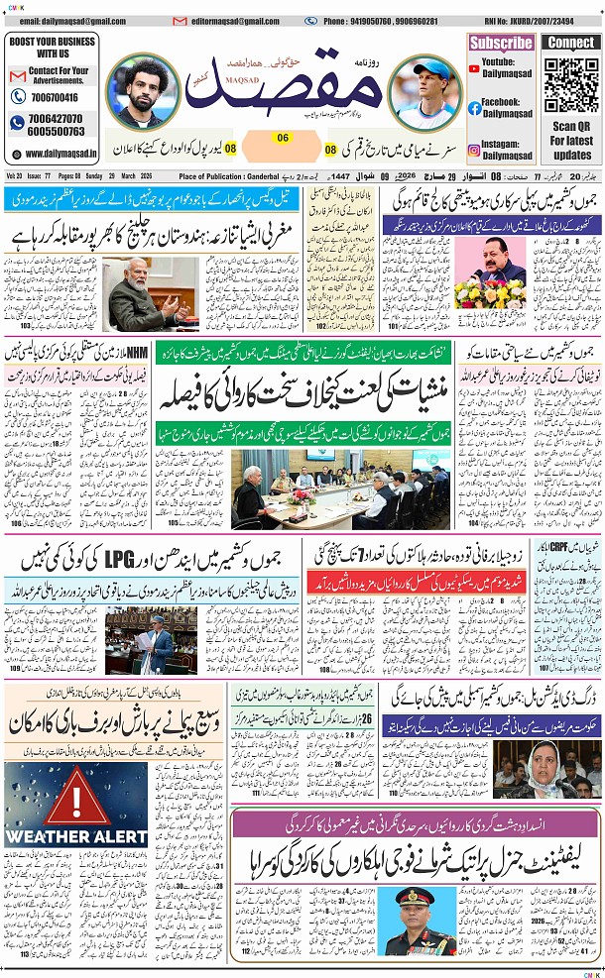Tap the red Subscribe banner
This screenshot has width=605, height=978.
click(501, 43)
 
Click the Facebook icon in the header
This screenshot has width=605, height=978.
click(475, 108)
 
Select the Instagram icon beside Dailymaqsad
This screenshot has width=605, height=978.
click(475, 150)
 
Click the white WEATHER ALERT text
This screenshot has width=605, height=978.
click(61, 836)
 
